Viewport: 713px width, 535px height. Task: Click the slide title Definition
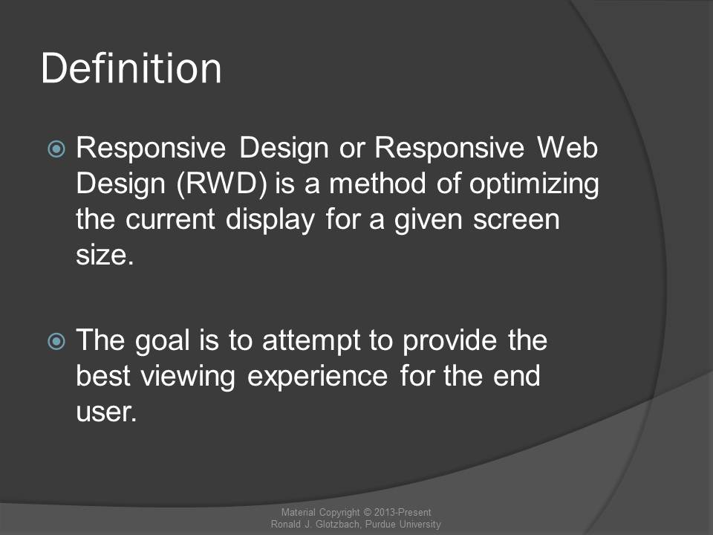(x=131, y=68)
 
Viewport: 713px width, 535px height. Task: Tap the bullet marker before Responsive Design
(x=56, y=149)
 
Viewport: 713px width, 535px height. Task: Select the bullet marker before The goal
(x=56, y=341)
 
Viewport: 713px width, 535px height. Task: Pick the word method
(x=378, y=184)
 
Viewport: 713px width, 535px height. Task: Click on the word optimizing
(x=534, y=185)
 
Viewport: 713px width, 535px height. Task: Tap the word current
(x=170, y=219)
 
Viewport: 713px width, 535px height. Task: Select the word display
(x=270, y=220)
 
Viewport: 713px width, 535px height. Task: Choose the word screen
(x=516, y=220)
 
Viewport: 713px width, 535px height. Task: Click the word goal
(x=162, y=341)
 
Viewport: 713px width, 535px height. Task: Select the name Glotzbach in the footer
(x=338, y=524)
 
